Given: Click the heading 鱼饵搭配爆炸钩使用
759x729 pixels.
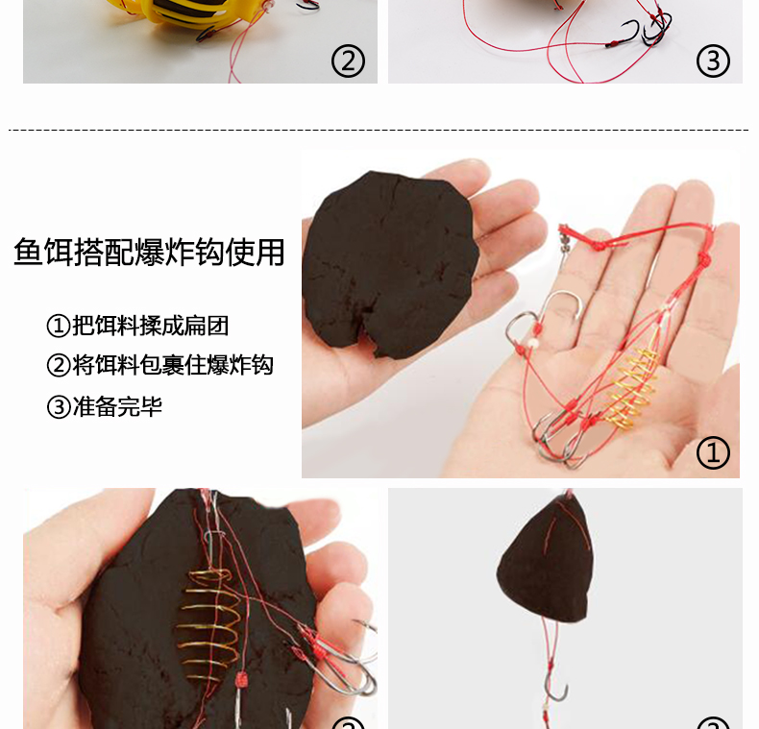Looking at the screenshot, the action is tap(149, 252).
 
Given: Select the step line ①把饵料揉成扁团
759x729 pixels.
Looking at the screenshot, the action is tap(137, 326).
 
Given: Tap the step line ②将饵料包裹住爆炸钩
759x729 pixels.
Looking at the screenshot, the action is tap(160, 365).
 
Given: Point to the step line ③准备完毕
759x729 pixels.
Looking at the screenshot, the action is tap(104, 406).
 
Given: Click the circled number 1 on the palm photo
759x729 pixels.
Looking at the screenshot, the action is tap(713, 452).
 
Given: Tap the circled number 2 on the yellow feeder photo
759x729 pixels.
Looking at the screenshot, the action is tap(348, 61).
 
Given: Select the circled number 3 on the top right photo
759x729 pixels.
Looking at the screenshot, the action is tap(713, 61).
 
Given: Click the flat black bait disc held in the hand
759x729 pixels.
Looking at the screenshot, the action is tap(390, 264).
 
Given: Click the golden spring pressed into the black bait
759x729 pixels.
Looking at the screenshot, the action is tap(209, 624).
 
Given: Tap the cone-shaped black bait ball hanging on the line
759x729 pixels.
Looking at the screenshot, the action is tap(545, 562).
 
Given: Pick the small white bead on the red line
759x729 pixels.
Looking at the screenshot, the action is tap(532, 343).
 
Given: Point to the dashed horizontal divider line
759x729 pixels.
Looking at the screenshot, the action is tap(379, 130).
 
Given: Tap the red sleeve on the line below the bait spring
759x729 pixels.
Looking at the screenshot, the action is tap(241, 679).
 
